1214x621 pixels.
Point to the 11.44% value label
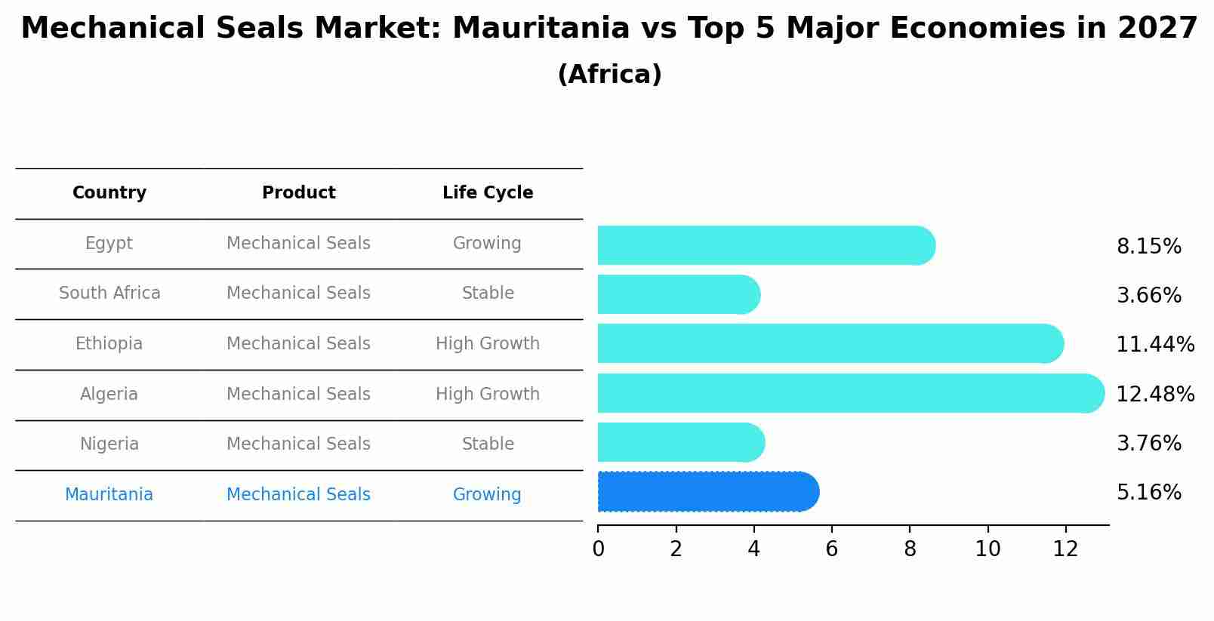click(1155, 345)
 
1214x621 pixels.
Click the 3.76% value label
click(1148, 443)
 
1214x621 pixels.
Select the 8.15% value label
click(1148, 247)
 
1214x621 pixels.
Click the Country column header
click(109, 193)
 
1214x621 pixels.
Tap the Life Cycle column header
click(488, 193)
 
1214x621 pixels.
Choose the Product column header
click(299, 193)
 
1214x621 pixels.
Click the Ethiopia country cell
click(109, 344)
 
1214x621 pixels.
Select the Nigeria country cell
click(109, 444)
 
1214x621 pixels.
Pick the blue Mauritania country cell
click(109, 495)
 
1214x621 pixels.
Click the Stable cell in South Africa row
click(488, 294)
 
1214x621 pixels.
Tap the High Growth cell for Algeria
click(488, 395)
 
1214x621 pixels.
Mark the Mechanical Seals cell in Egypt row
click(299, 244)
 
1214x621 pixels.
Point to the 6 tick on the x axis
click(831, 549)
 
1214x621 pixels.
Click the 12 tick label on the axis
click(1065, 549)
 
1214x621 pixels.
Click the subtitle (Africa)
click(609, 75)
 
